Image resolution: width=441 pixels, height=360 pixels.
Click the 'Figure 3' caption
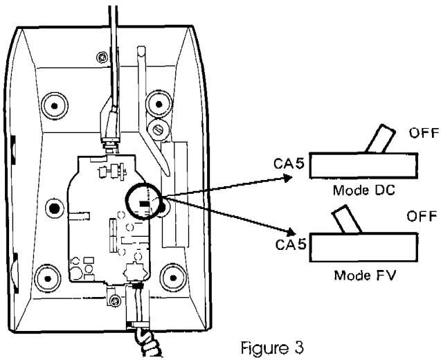coord(272,348)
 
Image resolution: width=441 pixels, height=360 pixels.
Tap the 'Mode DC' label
coord(364,190)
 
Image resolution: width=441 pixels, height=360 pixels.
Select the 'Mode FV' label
coord(365,275)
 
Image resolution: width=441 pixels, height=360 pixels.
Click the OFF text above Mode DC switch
coord(424,133)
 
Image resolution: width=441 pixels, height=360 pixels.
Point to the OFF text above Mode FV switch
coord(422,216)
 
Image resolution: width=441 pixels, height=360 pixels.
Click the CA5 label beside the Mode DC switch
coord(289,163)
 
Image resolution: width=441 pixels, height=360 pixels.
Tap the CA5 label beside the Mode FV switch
coord(291,244)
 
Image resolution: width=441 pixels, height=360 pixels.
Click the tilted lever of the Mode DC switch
coord(380,138)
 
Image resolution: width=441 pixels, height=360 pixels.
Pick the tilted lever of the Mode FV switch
coord(347,219)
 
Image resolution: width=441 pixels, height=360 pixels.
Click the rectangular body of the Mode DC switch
coord(363,165)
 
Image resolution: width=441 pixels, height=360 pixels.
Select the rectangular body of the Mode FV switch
coord(363,247)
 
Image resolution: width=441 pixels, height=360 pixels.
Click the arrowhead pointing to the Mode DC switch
coord(288,178)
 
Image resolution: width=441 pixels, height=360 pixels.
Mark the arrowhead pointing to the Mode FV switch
coord(291,231)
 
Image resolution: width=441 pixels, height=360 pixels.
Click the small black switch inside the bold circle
coord(144,204)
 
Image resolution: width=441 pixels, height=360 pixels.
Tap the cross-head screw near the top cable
coord(102,57)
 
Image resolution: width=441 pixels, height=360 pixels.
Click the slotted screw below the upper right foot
coord(159,129)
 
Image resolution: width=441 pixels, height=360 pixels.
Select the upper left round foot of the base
coord(55,106)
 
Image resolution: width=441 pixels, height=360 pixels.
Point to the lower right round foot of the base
coord(173,278)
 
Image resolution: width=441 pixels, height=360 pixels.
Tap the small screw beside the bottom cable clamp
coord(114,301)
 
